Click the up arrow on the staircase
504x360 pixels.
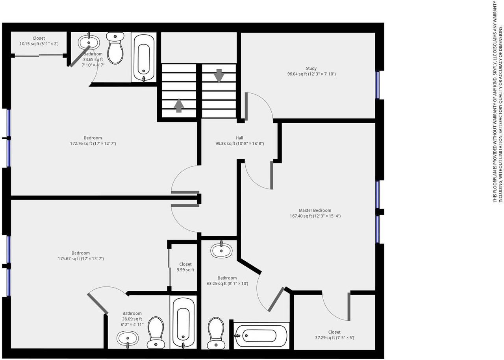click(x=179, y=105)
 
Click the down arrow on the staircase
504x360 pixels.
click(x=219, y=76)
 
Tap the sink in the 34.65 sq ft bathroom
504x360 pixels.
click(x=89, y=42)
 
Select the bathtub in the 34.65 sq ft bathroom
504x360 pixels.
click(x=144, y=57)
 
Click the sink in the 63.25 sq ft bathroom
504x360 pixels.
click(x=221, y=250)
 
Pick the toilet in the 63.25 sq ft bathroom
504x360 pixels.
click(x=216, y=333)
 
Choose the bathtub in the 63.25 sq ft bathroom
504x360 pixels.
click(x=261, y=336)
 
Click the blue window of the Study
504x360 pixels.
click(x=377, y=85)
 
